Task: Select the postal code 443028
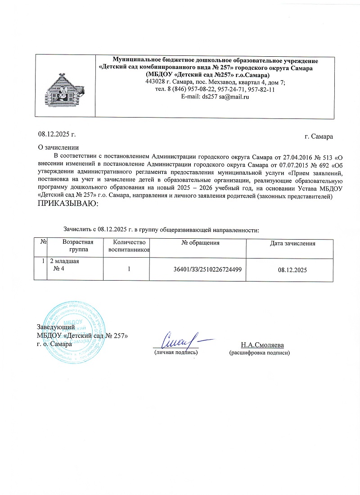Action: tap(155, 82)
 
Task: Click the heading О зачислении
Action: tap(58, 147)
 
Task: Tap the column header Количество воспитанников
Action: tap(129, 246)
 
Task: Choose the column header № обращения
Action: tap(200, 243)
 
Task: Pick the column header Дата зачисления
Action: tap(292, 243)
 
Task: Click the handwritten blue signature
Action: tap(179, 339)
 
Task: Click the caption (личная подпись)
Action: tap(175, 353)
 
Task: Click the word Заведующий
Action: tap(52, 328)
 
